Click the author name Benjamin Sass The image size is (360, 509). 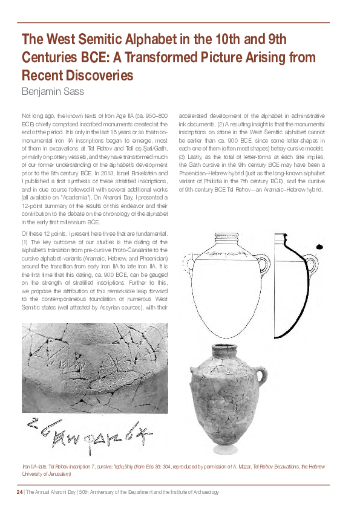point(54,92)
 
